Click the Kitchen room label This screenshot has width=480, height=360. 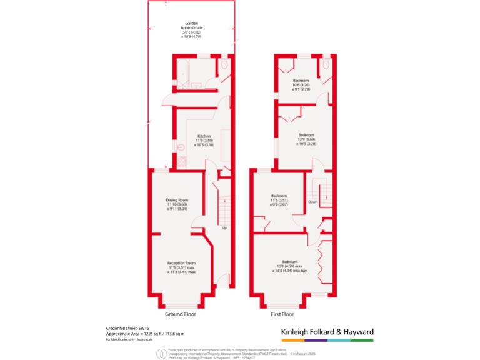tap(204, 136)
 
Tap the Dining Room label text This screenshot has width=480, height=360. tap(177, 201)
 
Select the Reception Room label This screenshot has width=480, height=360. tap(181, 263)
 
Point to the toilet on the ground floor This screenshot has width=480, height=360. tap(224, 64)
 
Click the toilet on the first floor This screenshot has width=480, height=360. tap(326, 65)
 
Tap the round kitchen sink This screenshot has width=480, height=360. tap(182, 147)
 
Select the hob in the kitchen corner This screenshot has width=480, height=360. tap(182, 161)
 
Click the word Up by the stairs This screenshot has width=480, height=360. tap(224, 227)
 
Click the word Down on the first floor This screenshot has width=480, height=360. tap(313, 202)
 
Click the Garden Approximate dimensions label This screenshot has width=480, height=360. tap(191, 29)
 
